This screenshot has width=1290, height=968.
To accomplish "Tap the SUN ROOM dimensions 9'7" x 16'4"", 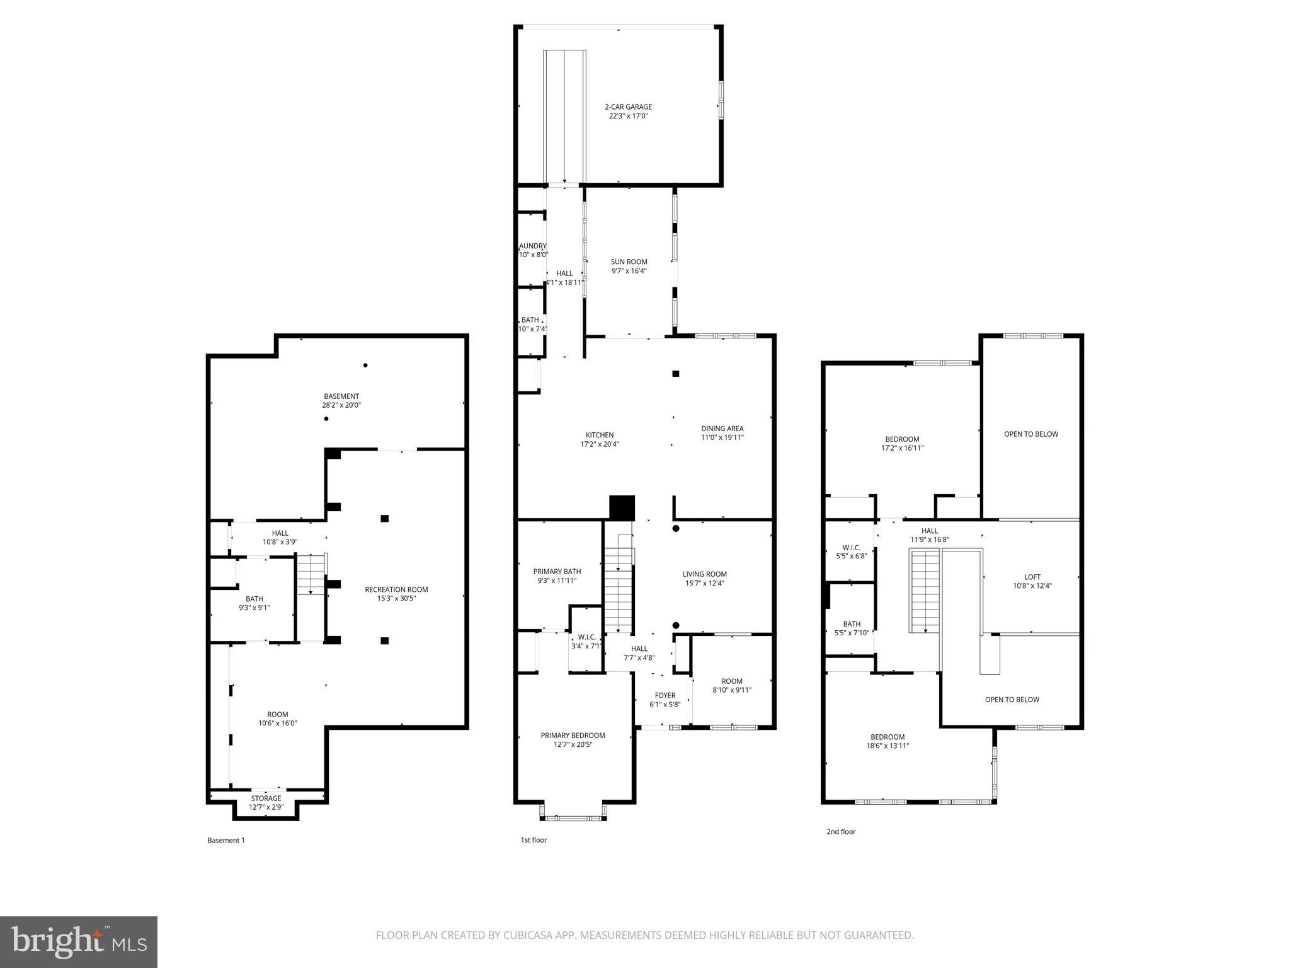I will pyautogui.click(x=629, y=271).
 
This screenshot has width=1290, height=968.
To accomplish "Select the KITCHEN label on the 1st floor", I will pyautogui.click(x=600, y=435).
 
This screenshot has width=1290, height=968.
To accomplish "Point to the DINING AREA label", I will pyautogui.click(x=722, y=429).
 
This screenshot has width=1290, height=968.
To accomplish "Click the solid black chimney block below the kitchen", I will pyautogui.click(x=622, y=507).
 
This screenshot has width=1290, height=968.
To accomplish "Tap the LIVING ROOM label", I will pyautogui.click(x=704, y=574).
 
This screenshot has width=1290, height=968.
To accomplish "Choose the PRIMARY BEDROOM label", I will pyautogui.click(x=573, y=735).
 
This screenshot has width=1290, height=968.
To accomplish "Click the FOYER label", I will pyautogui.click(x=665, y=696).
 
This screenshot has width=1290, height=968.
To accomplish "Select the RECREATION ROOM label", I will pyautogui.click(x=396, y=590).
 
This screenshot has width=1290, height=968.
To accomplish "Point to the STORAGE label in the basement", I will pyautogui.click(x=266, y=798).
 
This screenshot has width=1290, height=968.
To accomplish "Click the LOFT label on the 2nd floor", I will pyautogui.click(x=1032, y=577).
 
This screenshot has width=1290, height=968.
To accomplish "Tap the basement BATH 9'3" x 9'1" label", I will pyautogui.click(x=254, y=603).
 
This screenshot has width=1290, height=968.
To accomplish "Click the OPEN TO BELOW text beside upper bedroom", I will pyautogui.click(x=1030, y=434).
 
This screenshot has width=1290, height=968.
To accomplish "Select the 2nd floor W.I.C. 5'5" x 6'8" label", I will pyautogui.click(x=851, y=552).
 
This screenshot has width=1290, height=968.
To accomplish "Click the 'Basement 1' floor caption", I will pyautogui.click(x=226, y=840).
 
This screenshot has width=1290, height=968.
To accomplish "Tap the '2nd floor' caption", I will pyautogui.click(x=841, y=831).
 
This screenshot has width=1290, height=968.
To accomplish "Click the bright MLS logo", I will pyautogui.click(x=79, y=942).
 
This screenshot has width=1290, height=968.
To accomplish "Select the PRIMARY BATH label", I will pyautogui.click(x=557, y=572).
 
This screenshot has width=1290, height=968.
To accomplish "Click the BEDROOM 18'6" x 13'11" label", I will pyautogui.click(x=888, y=741).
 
